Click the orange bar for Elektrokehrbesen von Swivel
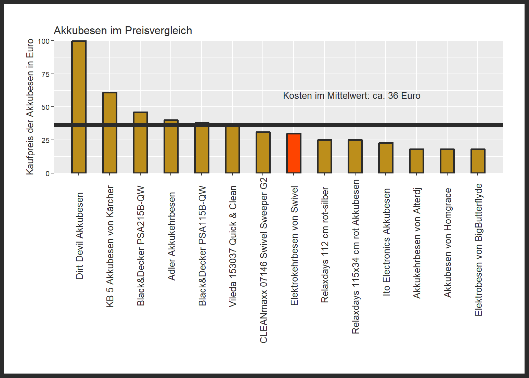click(x=294, y=153)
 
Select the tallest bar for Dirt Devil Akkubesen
click(x=79, y=107)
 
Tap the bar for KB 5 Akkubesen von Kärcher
click(x=109, y=133)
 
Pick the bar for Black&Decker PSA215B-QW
click(x=140, y=143)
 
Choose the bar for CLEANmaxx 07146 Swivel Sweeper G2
click(x=263, y=153)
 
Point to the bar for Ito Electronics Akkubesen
click(x=386, y=158)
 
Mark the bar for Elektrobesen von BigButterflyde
click(x=478, y=161)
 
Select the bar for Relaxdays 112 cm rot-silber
click(x=324, y=156)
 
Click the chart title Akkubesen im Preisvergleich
click(x=123, y=31)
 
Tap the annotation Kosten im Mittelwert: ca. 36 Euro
click(x=351, y=96)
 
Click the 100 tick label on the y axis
click(x=44, y=41)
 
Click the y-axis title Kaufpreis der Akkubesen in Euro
click(x=30, y=107)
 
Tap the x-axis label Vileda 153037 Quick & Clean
click(x=233, y=246)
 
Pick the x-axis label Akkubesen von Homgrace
click(x=448, y=243)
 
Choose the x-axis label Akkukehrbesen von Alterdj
click(x=417, y=243)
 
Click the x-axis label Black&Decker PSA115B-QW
click(x=202, y=246)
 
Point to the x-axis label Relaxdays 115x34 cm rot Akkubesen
click(x=356, y=257)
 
